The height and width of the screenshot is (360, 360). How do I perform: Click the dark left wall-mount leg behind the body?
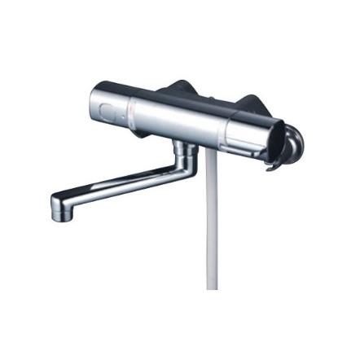[x=178, y=88]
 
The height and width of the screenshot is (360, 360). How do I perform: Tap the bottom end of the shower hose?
[x=213, y=285]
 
